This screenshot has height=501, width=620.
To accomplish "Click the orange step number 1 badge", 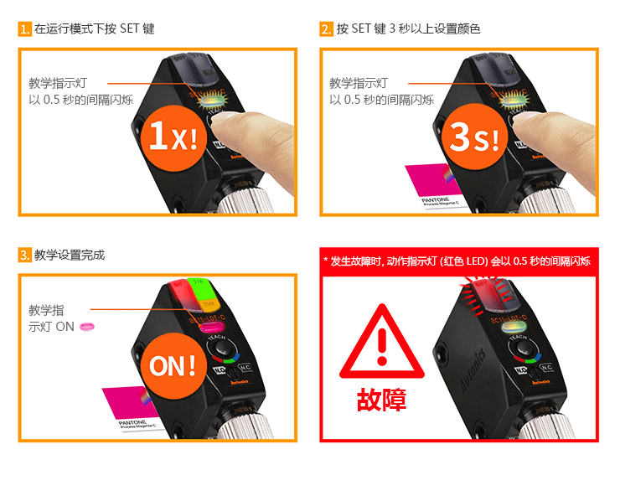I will tap(24, 28).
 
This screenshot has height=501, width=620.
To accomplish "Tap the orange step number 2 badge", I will tap(327, 28).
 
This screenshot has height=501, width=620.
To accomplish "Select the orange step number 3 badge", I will tap(24, 255).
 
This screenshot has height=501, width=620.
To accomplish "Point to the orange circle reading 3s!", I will tap(474, 137).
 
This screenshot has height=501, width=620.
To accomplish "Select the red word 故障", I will tap(381, 399).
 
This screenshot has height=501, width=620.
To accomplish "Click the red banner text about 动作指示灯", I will tap(458, 261).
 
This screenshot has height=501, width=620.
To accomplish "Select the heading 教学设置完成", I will tap(70, 255).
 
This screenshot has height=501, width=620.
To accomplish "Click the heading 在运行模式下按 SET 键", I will tap(94, 28).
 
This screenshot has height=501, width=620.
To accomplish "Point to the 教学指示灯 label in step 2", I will tap(358, 83).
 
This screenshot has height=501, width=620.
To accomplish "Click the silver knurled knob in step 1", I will tap(251, 201).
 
